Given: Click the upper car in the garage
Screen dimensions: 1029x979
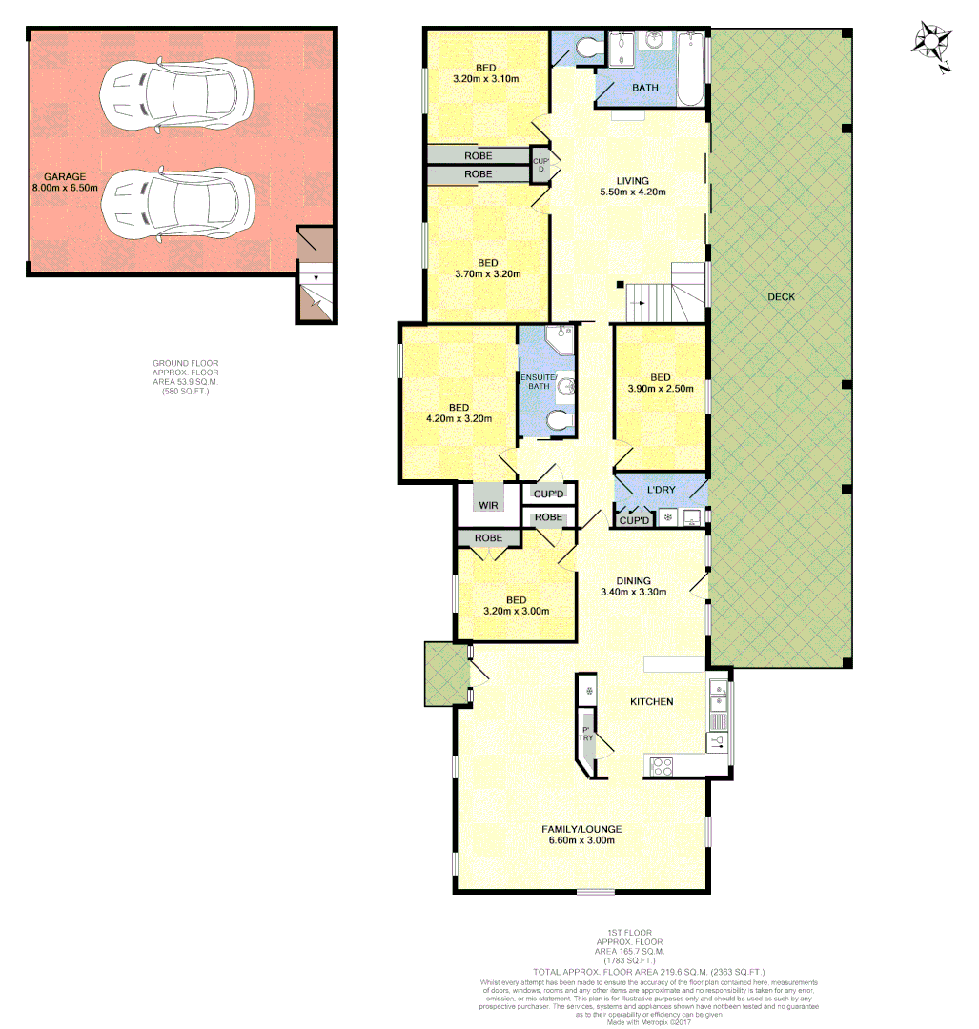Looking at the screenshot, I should (176, 95).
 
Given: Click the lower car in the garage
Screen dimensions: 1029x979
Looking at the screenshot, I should (176, 204).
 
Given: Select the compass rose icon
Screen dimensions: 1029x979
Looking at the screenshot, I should (929, 45).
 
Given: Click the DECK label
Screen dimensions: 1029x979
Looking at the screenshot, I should (781, 297).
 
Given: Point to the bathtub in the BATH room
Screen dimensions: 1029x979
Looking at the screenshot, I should (691, 68).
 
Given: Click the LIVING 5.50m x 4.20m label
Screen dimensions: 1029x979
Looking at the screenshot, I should (632, 187).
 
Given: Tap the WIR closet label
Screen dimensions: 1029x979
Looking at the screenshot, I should (489, 505).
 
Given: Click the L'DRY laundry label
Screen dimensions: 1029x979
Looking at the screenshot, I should (661, 490).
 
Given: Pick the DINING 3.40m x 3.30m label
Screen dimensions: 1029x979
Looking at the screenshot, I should (633, 586).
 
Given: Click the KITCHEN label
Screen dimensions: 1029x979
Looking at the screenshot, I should (652, 702).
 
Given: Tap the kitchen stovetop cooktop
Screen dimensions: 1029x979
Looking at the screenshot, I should (661, 764).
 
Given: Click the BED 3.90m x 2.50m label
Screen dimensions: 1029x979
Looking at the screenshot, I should (660, 382).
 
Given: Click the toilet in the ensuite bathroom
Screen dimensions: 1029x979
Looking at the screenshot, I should (559, 420).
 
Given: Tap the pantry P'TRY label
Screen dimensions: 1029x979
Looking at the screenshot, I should (585, 735).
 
